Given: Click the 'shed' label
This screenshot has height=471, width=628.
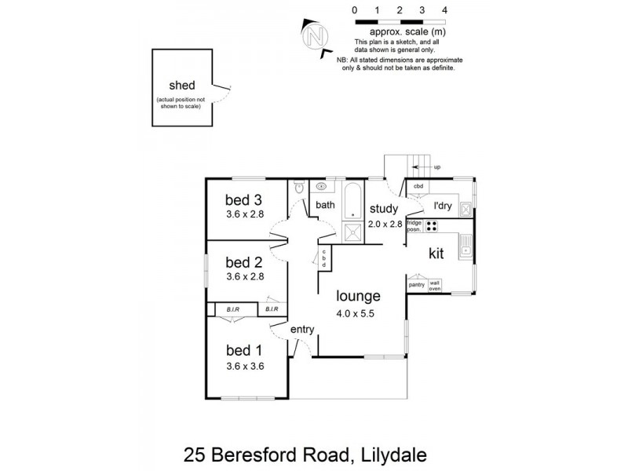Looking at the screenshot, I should pos(181,86).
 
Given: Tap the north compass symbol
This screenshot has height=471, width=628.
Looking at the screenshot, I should pos(316,36).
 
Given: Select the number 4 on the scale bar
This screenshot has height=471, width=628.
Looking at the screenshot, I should pos(444,10).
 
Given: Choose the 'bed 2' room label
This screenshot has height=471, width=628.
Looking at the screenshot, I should pos(243,261).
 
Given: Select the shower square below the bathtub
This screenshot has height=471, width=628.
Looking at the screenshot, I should pos(352,231).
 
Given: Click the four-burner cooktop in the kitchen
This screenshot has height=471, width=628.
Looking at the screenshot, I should pos(431,226).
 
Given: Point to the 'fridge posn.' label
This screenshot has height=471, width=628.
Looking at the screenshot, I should pos(414,226).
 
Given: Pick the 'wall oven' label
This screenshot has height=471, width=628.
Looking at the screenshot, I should pos(435,285).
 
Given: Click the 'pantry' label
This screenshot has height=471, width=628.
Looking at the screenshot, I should pos(417,285).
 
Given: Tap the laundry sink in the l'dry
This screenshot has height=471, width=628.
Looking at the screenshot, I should pos(465,209).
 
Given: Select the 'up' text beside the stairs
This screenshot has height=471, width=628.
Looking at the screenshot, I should pos(437,167).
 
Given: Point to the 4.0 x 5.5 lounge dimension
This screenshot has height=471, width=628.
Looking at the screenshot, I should pos(358,312).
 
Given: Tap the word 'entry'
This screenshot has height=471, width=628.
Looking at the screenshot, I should pos(302,330).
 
